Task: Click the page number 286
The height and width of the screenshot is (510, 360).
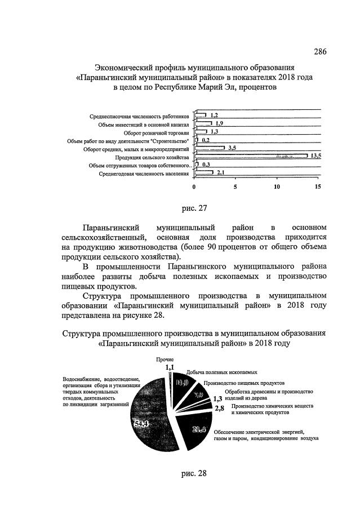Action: coord(320,52)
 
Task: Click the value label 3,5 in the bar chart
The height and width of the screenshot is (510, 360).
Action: coord(232,148)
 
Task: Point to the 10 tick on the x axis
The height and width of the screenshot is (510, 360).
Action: coord(277,187)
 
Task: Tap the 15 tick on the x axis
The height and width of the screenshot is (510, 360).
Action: coord(318,187)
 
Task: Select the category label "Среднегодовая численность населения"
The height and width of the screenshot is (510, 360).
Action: coord(144,174)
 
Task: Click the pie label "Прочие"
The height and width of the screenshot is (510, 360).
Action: coord(165,359)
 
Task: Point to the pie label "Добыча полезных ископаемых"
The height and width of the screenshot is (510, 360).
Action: coord(221,372)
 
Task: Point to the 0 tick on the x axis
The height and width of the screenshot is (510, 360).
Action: coord(194,187)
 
